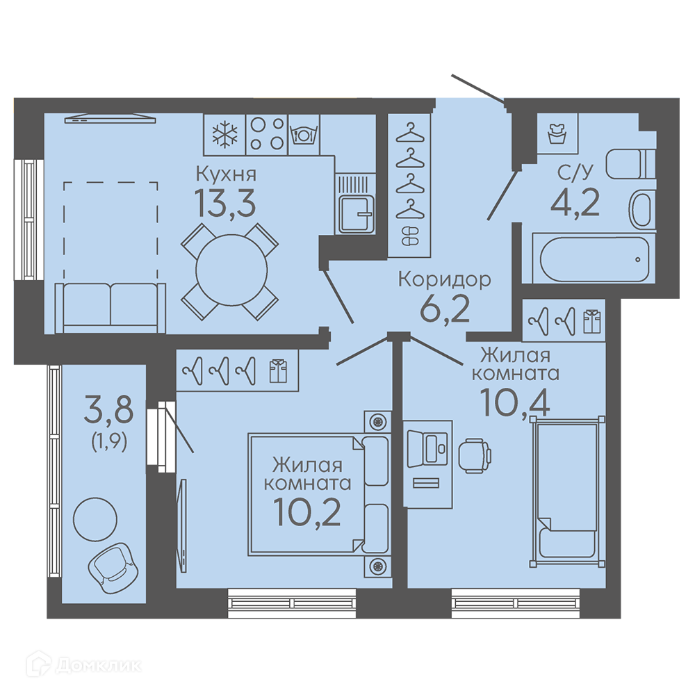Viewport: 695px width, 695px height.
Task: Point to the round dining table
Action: (x=231, y=270)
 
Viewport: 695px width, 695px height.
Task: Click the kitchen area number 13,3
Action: (x=225, y=203)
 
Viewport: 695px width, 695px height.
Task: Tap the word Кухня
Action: (x=226, y=174)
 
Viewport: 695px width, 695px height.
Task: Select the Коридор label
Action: (x=445, y=280)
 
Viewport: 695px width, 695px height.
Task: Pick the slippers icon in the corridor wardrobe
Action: (x=409, y=236)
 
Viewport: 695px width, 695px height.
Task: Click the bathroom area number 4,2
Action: (x=575, y=202)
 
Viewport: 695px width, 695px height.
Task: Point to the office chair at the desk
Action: (x=475, y=455)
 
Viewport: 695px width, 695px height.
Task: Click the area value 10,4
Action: (x=514, y=402)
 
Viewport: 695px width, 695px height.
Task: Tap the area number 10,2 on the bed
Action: (x=307, y=512)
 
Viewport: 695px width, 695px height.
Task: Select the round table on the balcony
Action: (x=95, y=518)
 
